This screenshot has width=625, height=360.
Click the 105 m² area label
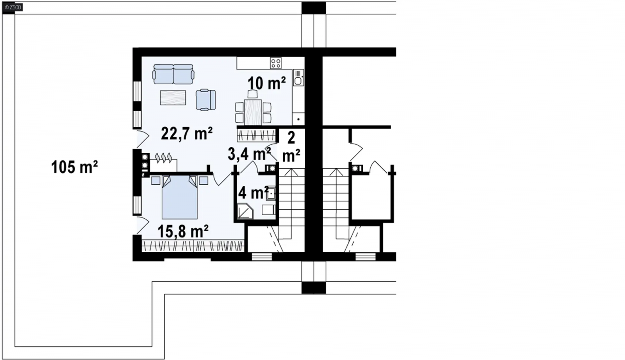point(75,168)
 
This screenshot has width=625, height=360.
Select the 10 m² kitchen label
point(266,83)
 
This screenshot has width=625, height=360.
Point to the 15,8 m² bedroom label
point(183,231)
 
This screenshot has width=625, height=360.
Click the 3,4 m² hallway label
point(249,154)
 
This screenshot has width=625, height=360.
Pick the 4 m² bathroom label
point(253,192)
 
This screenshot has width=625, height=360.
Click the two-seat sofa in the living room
point(173,74)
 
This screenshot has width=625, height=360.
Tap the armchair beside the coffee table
point(205,100)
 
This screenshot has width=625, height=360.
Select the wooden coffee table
point(173,98)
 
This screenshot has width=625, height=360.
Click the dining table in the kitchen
point(253,112)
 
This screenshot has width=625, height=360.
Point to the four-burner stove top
point(276,63)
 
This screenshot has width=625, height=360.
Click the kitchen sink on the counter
point(298,78)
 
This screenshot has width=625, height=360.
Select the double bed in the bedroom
point(180,197)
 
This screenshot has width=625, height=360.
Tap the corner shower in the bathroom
point(245,211)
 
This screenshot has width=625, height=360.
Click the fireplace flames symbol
point(164,158)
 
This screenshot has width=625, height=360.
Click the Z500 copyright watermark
point(13,7)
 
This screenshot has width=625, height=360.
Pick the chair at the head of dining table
point(253,94)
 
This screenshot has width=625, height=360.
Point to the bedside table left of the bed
point(156,181)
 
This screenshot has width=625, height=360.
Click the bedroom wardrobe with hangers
point(193,246)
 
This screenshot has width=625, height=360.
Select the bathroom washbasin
point(271,193)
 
